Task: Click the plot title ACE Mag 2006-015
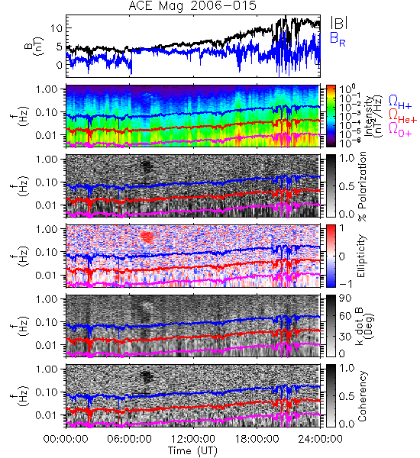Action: (x=192, y=6)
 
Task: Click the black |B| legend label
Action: (x=339, y=23)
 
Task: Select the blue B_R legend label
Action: (x=338, y=39)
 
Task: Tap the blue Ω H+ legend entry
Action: (x=400, y=102)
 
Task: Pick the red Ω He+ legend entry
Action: (x=402, y=116)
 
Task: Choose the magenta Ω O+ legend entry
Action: (x=400, y=130)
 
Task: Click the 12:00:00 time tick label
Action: (x=193, y=439)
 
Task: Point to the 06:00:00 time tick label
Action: (x=130, y=439)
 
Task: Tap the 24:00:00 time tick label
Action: (x=320, y=439)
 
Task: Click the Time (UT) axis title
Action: (x=192, y=450)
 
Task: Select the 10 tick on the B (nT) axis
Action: (x=57, y=28)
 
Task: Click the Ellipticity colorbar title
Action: (x=361, y=256)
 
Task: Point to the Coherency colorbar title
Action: (x=361, y=396)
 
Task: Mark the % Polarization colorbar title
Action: (x=362, y=186)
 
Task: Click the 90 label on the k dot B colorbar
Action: (x=345, y=298)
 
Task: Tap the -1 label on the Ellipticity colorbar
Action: (x=345, y=283)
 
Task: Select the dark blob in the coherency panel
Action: (x=147, y=377)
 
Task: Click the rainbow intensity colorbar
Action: (x=331, y=116)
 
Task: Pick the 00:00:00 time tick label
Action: (x=66, y=439)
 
